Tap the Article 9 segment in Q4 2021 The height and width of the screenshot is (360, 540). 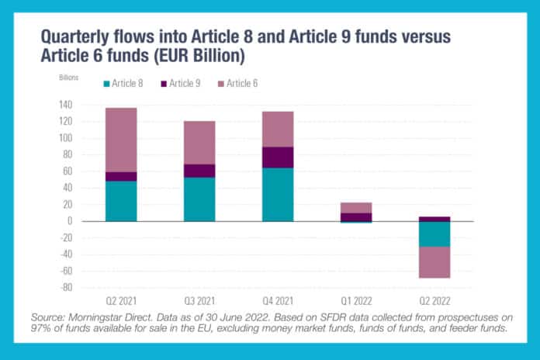(x=278, y=157)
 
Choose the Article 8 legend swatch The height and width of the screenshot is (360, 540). (x=107, y=83)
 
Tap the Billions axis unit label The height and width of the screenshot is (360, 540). (x=69, y=78)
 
